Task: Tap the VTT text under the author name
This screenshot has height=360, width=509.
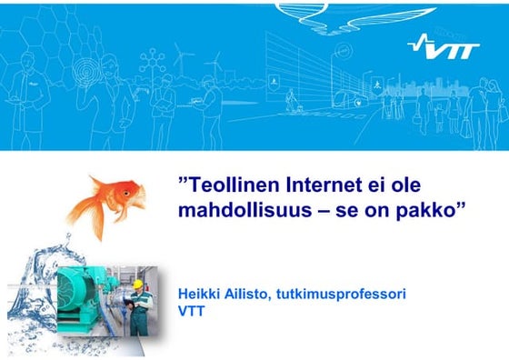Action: point(195,311)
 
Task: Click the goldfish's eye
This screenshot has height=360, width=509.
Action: point(133,190)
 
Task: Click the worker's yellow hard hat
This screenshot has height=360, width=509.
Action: point(138,285)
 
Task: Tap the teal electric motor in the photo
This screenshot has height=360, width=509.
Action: point(86,290)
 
